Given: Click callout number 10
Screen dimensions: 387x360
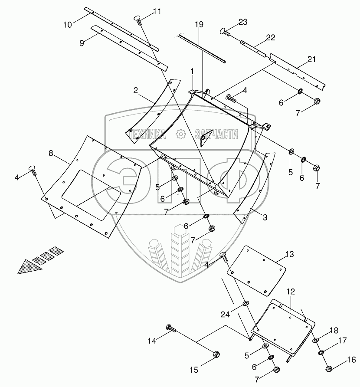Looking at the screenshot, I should pos(68,24).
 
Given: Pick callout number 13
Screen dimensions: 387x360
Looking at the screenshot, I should pos(289,254).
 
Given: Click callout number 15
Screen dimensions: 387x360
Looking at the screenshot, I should pos(193,370).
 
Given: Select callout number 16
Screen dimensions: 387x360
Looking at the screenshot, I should pos(351,360).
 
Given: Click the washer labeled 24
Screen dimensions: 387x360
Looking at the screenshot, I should pos(245,302).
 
